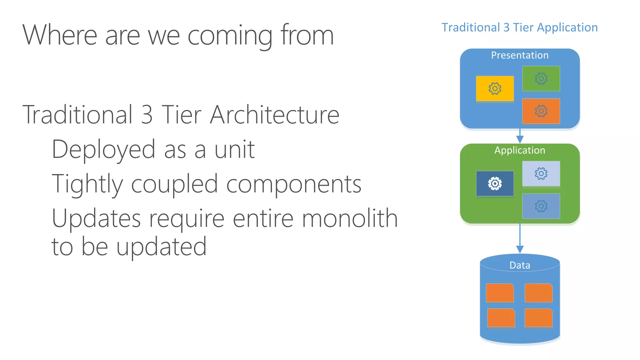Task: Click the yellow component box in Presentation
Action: point(495,88)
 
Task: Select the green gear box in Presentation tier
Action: point(541,78)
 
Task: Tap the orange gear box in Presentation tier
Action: point(541,111)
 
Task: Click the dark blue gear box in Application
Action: point(495,183)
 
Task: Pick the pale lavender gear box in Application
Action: point(541,173)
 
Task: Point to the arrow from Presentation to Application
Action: point(520,136)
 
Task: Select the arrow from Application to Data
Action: point(520,239)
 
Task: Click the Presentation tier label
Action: point(520,55)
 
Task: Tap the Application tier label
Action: point(520,150)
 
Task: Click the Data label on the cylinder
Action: point(520,265)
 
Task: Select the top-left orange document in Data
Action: point(500,293)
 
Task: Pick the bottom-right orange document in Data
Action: point(538,318)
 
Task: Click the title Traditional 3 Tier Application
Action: point(519,27)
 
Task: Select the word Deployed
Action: point(103,150)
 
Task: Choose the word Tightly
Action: point(87,184)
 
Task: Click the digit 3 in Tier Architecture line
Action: point(147,115)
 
